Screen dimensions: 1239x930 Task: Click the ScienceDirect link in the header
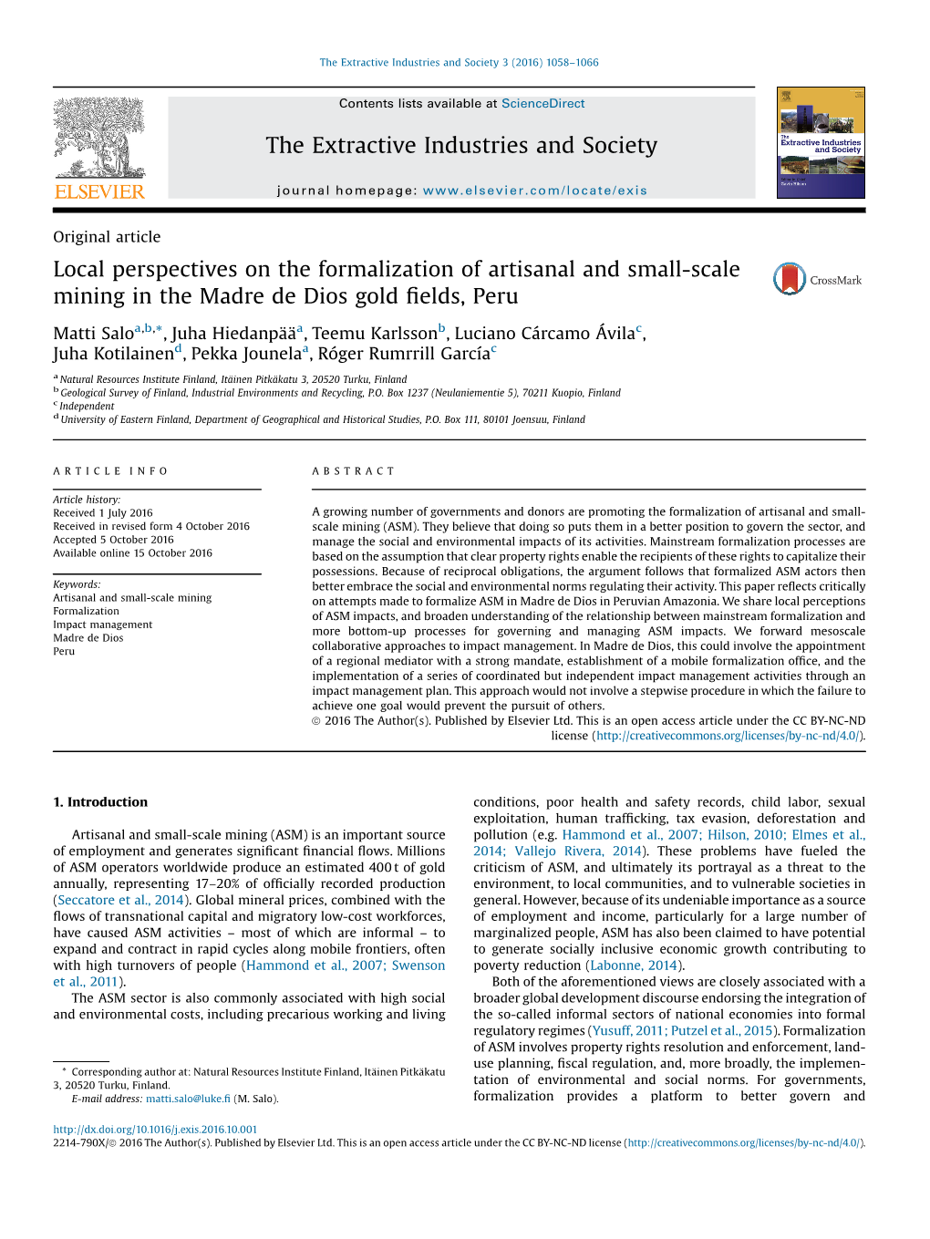[x=542, y=104]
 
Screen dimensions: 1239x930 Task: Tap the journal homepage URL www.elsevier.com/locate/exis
[x=534, y=191]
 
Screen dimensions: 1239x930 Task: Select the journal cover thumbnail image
[x=821, y=143]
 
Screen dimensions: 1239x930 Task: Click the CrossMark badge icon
[x=790, y=279]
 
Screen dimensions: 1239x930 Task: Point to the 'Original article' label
[x=107, y=237]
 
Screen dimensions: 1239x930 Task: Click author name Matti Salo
[x=93, y=334]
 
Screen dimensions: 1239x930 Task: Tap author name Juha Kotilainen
[x=113, y=354]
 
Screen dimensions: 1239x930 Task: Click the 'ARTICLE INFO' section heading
[x=110, y=471]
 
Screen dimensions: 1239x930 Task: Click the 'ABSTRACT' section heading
[x=354, y=471]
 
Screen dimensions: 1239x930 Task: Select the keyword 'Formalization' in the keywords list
[x=86, y=611]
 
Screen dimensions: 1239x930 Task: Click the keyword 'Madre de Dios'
[x=88, y=638]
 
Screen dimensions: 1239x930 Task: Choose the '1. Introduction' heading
[x=100, y=802]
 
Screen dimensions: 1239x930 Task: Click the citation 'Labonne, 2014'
[x=634, y=965]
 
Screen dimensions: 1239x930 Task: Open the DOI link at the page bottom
[x=155, y=1130]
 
